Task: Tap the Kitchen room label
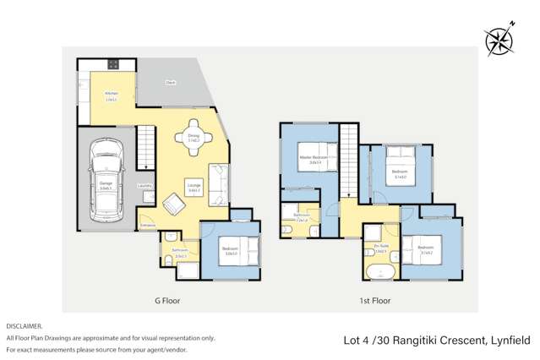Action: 111,94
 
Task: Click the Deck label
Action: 170,83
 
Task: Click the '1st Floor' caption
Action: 371,300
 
